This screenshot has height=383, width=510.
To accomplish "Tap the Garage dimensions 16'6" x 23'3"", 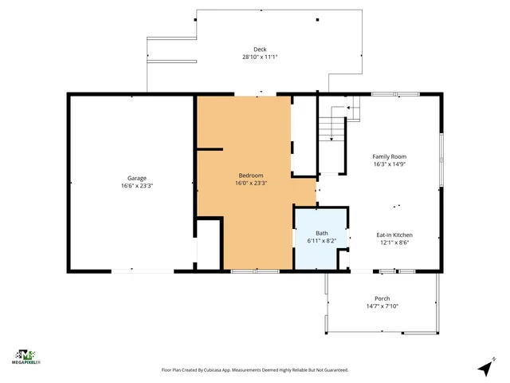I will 137,185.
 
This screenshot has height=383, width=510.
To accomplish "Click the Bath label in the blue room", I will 321,233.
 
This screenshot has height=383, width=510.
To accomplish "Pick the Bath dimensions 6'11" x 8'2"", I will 321,240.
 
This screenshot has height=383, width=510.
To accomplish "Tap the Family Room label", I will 390,156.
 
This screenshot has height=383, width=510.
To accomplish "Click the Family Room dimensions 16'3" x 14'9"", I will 390,164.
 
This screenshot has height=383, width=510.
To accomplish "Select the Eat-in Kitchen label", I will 394,235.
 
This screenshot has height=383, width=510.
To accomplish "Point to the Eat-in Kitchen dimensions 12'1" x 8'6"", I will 394,243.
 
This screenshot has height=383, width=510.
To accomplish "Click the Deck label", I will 260,49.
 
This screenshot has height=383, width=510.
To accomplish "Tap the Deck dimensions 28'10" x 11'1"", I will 260,57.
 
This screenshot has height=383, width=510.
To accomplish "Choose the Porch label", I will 382,298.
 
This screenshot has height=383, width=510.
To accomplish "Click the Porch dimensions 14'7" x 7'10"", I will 382,306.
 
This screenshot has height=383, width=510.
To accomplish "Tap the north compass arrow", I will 484,368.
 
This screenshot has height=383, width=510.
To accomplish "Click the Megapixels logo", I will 27,357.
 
